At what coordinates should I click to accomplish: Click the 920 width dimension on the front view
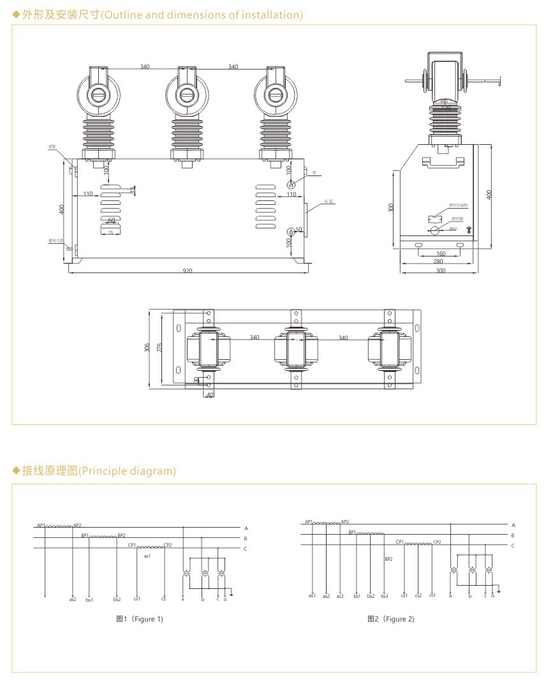[x=188, y=271]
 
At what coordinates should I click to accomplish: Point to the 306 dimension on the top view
[x=147, y=348]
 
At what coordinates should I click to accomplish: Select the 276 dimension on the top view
[x=161, y=348]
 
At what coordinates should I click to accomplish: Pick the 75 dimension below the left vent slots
[x=110, y=234]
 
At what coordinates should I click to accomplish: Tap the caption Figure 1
[x=140, y=619]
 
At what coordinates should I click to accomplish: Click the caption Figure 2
[x=391, y=619]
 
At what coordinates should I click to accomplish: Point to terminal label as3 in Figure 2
[x=339, y=596]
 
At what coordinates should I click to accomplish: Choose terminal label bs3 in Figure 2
[x=384, y=596]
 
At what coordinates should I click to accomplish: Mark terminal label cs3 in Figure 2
[x=432, y=595]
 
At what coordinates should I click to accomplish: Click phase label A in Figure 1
[x=246, y=528]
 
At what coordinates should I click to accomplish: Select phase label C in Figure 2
[x=513, y=546]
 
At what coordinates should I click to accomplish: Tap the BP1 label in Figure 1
[x=85, y=535]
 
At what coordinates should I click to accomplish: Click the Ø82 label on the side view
[x=453, y=228]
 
